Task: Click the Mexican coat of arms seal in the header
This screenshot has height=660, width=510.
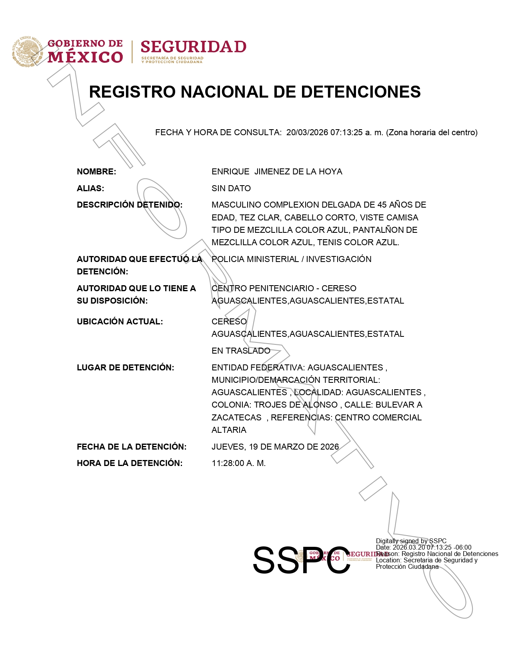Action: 27,52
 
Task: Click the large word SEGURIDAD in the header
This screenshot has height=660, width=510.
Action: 193,47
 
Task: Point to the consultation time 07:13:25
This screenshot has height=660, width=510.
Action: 346,132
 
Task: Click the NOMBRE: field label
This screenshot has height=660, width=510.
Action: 96,172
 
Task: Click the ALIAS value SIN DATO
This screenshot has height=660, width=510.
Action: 231,188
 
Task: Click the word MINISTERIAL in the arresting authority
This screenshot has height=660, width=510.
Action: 273,259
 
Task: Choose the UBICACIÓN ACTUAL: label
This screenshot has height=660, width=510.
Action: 120,322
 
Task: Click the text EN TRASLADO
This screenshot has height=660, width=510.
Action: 241,351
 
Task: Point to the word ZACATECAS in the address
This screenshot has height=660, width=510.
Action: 236,418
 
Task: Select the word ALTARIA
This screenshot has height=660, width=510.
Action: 229,430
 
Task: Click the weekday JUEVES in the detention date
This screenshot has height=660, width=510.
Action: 228,447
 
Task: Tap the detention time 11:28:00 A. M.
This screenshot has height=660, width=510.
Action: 239,463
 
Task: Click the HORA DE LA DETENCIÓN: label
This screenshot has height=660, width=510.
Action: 130,463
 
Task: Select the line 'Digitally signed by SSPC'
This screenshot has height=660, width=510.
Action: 411,541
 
